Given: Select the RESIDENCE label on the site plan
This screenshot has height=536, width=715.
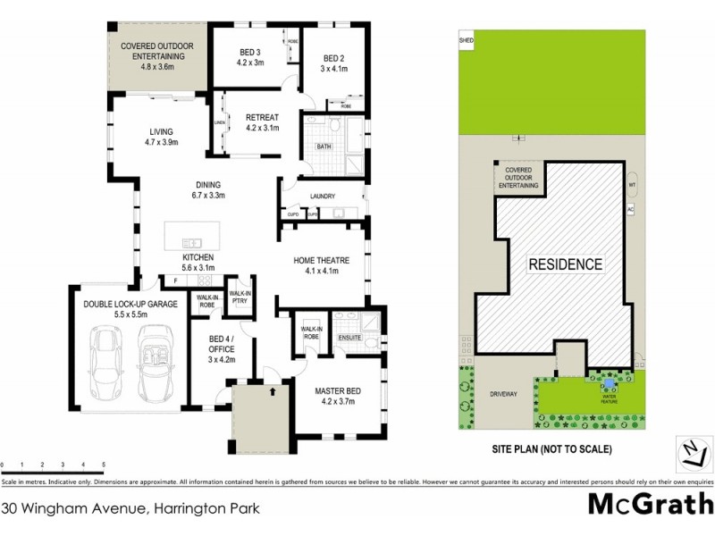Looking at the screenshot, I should (564, 264).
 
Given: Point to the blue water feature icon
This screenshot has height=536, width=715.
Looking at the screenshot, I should (609, 384).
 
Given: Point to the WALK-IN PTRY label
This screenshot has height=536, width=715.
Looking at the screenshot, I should (240, 297).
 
